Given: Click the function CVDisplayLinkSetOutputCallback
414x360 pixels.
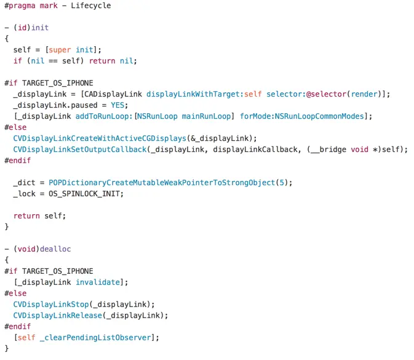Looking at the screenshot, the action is [82, 149].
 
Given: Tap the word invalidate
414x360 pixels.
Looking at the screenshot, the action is [99, 282].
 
